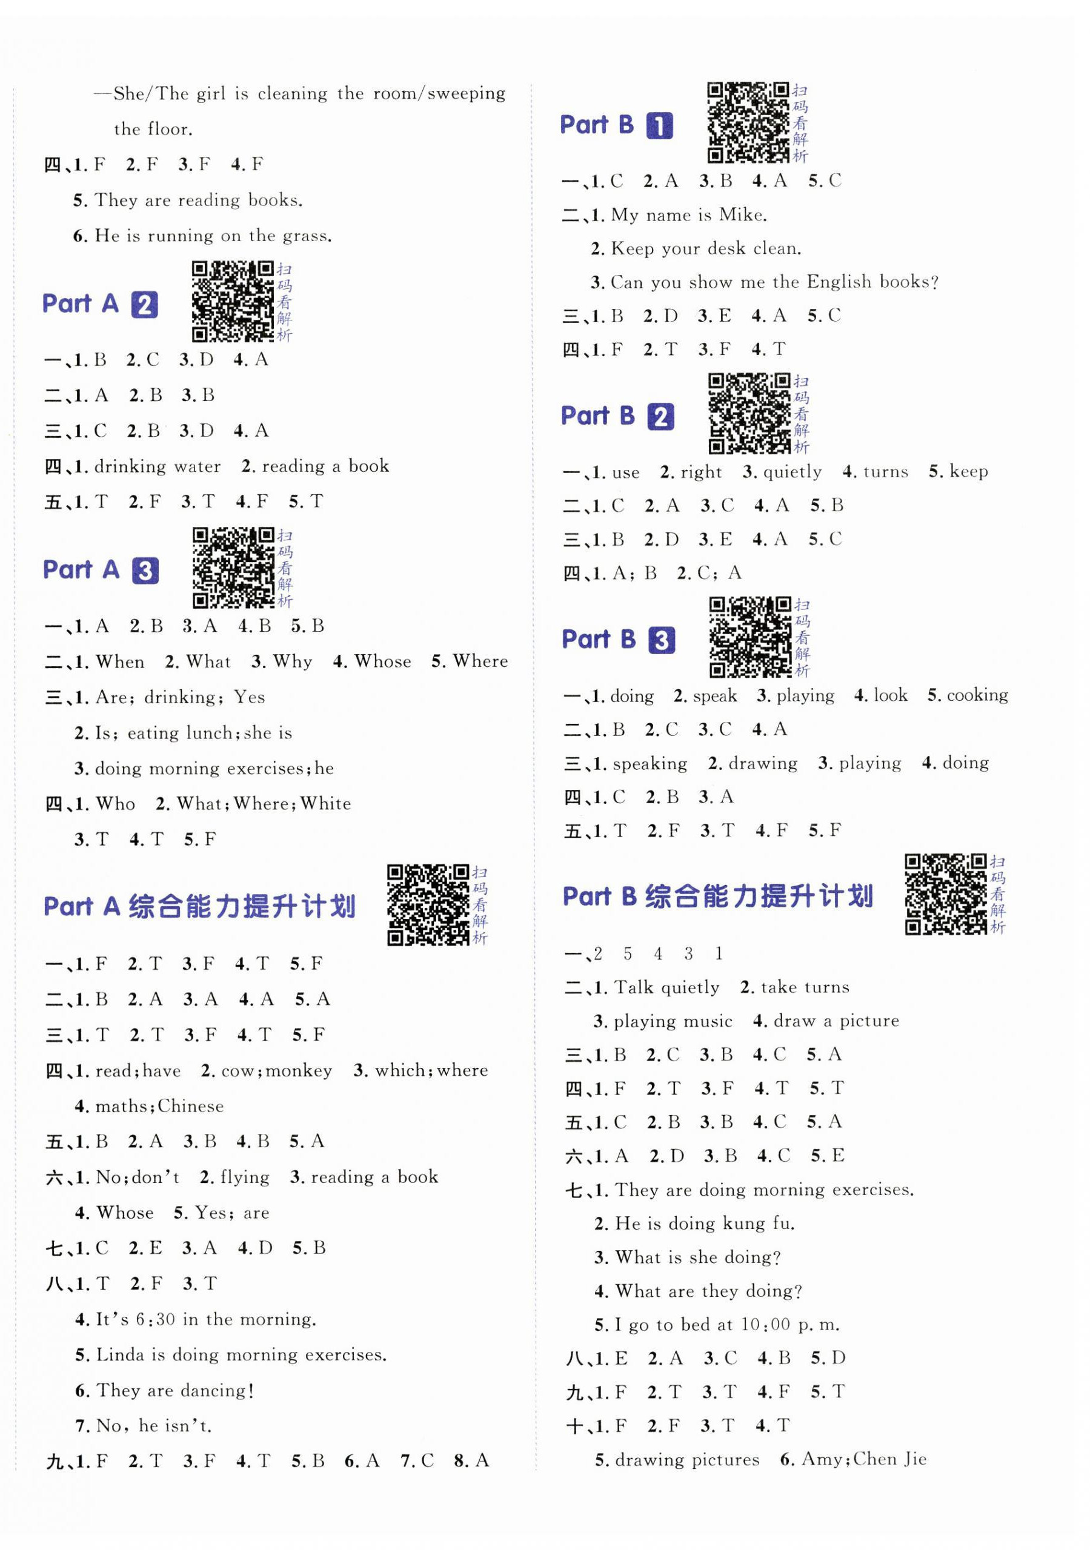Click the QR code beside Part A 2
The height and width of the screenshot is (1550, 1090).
click(x=231, y=301)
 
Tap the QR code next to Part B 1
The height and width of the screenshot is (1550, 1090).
click(x=748, y=122)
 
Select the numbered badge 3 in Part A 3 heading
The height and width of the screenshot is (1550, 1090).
click(x=145, y=571)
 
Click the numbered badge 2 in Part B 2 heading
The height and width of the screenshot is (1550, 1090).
click(x=660, y=417)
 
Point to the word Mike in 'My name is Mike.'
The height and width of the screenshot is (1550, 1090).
click(x=742, y=214)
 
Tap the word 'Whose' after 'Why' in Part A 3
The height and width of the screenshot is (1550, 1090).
click(x=382, y=661)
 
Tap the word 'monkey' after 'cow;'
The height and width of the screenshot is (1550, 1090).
click(x=299, y=1071)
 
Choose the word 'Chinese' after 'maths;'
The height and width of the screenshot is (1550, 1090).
click(x=190, y=1107)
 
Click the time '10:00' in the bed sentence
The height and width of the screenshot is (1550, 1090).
click(x=765, y=1325)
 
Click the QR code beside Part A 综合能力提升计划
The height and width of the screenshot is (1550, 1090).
click(x=428, y=904)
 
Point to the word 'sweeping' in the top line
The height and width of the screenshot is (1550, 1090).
click(x=465, y=93)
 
